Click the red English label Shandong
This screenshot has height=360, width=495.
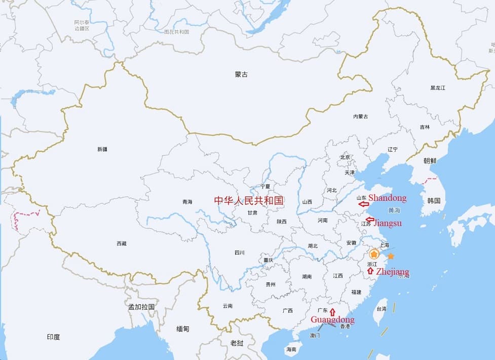point(387,198)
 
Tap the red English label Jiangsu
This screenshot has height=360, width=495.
point(388,223)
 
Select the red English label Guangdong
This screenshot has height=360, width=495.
point(332,320)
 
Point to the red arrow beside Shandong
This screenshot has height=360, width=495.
point(363,204)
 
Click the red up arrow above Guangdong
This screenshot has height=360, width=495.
point(332,311)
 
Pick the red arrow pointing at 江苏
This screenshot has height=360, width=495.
point(370,220)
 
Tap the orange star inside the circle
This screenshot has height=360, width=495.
point(374,254)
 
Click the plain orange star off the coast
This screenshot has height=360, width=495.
point(391,257)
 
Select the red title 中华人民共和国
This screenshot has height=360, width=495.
point(248,200)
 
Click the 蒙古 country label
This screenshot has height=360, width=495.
point(242,75)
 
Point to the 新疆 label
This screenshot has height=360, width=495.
point(102,150)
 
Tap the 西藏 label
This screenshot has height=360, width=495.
point(122,244)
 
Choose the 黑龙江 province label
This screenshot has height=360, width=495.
point(438,88)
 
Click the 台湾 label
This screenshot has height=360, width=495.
point(380,308)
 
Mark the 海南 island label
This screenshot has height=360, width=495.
point(291,349)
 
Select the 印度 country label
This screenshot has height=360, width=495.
point(53,337)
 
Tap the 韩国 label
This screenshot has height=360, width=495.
point(434,200)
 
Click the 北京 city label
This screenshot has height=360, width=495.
point(346,157)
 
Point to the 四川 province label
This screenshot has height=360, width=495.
point(240,253)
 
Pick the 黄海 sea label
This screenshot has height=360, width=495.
point(394,210)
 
